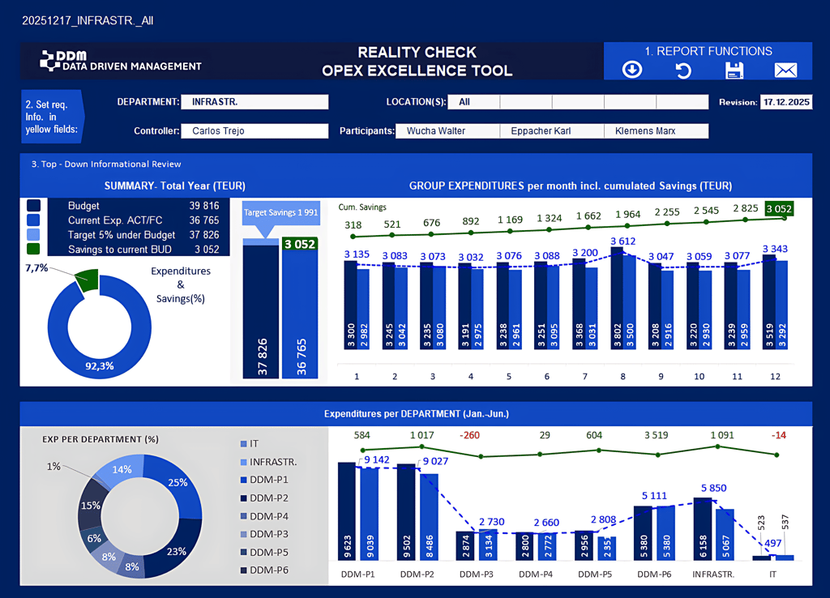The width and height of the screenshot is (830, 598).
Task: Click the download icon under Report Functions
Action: [x=632, y=70]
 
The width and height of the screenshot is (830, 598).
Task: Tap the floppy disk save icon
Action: [x=734, y=70]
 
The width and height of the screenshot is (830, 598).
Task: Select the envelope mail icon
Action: [x=785, y=70]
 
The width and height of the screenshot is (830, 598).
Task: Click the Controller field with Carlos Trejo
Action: [x=255, y=130]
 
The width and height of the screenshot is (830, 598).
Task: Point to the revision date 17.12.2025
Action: [x=785, y=102]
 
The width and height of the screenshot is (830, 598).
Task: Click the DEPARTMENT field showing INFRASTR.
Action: [x=255, y=102]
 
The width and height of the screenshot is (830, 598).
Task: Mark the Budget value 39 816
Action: [x=204, y=207]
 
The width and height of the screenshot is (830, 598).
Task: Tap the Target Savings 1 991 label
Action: [x=280, y=212]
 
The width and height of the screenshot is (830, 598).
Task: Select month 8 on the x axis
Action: [x=622, y=376]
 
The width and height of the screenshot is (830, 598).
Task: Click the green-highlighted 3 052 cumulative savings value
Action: [x=777, y=209]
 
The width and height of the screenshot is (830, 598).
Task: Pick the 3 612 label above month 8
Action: [x=622, y=241]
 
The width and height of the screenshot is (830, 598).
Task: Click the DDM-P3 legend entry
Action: [x=268, y=534]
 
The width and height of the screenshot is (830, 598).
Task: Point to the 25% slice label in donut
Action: [x=178, y=483]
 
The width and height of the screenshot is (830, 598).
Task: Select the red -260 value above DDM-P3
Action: [x=469, y=436]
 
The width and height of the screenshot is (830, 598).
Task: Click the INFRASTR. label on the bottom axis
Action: [x=713, y=574]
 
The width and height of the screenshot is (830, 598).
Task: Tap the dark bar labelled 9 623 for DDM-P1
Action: [x=347, y=510]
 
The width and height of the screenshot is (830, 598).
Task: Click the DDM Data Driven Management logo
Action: [x=121, y=61]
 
